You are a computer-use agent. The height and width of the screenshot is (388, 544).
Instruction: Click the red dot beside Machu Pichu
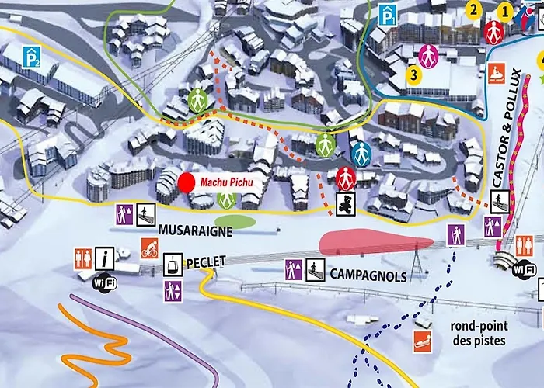point(187,182)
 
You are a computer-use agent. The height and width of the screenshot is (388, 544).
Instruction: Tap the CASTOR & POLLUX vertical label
point(505,127)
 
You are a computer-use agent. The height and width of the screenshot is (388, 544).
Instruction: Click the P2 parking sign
point(30,56)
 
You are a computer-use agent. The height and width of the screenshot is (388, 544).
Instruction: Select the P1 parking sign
point(388,15)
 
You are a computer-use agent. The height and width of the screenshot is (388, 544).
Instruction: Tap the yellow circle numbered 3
point(414,75)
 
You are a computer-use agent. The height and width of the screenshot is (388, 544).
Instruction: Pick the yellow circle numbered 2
point(473,9)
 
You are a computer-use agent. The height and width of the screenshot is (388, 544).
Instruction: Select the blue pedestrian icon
point(360,152)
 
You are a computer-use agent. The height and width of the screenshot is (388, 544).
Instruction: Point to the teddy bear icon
point(345,204)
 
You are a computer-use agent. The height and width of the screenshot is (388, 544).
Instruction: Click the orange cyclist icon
point(150,248)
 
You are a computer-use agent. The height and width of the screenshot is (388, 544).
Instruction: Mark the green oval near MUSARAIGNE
point(241,222)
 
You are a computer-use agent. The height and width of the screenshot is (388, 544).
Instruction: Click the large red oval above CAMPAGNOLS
point(371,242)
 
